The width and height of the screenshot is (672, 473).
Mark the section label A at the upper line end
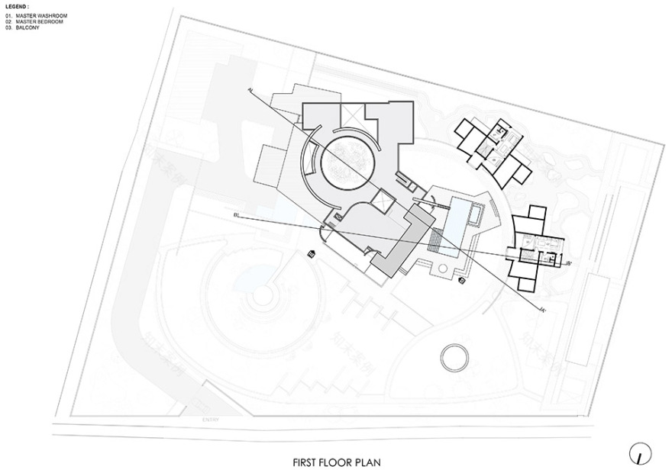coord(249,89)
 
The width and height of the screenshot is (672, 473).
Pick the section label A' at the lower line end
coord(541,309)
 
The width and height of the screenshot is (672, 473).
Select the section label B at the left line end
coord(237,217)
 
